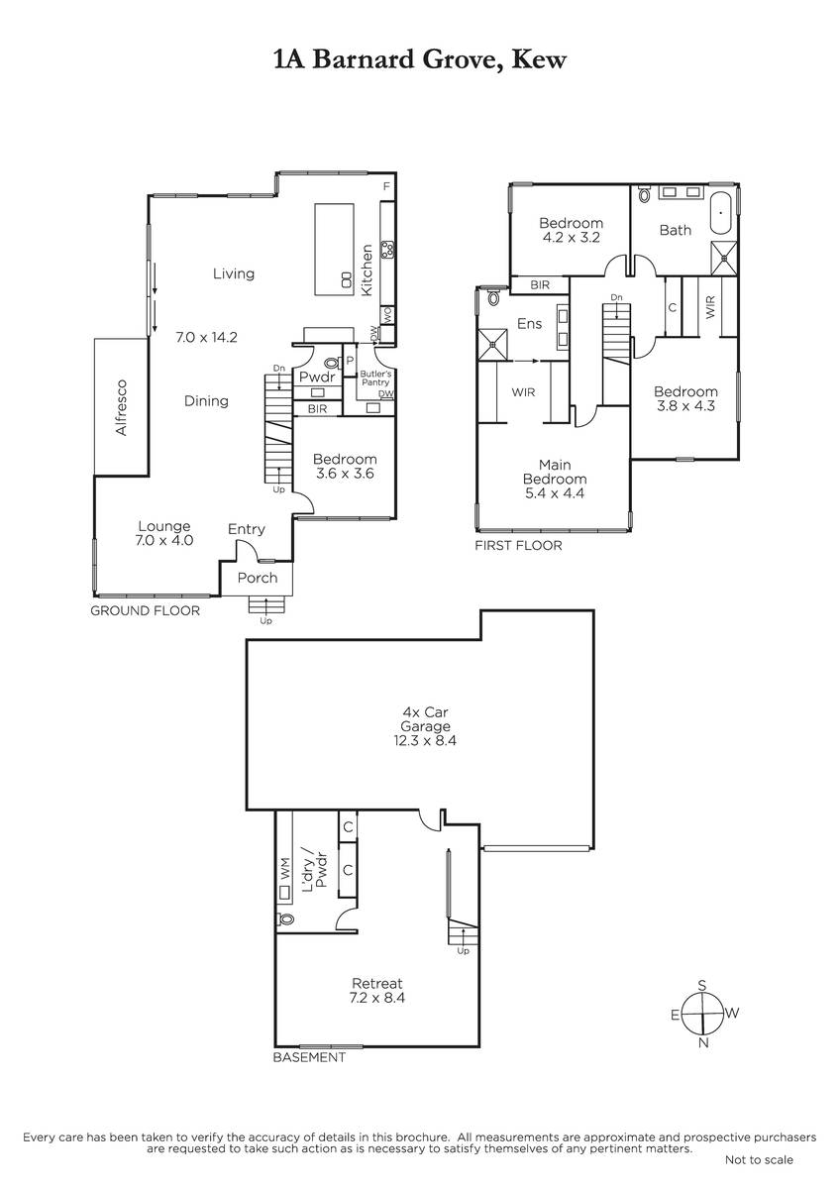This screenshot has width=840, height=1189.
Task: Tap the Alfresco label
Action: [122, 407]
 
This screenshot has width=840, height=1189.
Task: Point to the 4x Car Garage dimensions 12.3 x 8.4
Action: [425, 740]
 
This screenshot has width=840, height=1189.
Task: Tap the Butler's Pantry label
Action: [375, 378]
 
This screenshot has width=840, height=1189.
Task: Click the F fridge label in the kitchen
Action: [387, 186]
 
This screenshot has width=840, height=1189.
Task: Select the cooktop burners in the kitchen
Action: [389, 249]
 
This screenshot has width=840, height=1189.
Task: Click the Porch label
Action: [258, 578]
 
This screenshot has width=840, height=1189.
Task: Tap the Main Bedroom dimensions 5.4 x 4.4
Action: [555, 493]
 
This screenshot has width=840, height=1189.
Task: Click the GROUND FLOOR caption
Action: [145, 610]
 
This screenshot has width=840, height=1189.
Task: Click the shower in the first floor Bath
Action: [724, 258]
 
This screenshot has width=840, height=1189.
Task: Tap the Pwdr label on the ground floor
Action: [317, 377]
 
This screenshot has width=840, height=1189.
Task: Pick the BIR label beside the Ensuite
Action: [540, 285]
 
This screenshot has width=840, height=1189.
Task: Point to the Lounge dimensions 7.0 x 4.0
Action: [165, 540]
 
